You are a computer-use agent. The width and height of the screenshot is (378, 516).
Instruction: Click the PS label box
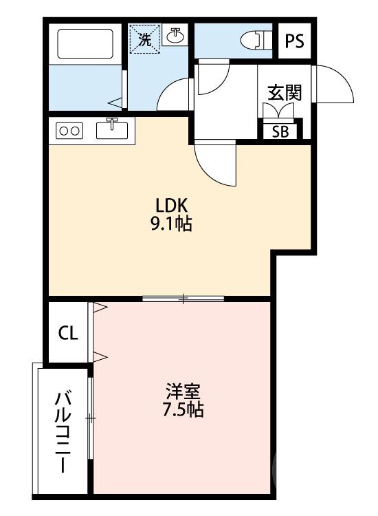[294, 41]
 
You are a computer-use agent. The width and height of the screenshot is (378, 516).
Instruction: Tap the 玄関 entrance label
[285, 93]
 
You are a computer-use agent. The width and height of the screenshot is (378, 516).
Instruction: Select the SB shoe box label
[280, 131]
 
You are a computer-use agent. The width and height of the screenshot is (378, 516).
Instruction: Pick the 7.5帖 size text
[182, 411]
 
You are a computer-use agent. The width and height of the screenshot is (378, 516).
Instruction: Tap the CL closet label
[67, 334]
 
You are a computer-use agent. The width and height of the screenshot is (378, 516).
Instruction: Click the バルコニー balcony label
[63, 430]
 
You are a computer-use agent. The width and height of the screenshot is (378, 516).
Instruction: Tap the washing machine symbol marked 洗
[145, 39]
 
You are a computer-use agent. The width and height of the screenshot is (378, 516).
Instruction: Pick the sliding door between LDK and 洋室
[184, 299]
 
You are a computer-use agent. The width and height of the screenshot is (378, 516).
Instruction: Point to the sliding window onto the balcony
[90, 418]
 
